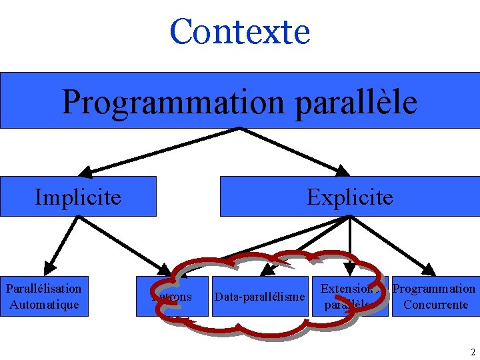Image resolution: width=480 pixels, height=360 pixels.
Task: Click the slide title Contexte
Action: [x=240, y=31]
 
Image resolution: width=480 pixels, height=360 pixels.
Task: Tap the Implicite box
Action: [x=78, y=197]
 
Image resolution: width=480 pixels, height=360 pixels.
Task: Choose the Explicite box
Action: [x=349, y=197]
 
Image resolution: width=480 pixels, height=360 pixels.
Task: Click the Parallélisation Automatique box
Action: [x=44, y=297]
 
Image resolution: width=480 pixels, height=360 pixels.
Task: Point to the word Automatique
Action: [x=44, y=305]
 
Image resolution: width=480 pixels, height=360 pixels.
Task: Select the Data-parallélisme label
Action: [x=259, y=296]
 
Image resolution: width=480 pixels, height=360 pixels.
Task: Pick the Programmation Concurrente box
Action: [x=434, y=297]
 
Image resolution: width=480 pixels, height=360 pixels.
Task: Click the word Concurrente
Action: [x=435, y=305]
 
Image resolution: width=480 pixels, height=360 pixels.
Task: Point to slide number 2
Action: [x=473, y=352]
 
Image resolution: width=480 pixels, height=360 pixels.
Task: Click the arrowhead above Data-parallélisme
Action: [x=266, y=271]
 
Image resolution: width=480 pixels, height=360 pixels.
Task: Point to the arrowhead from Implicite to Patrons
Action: [x=163, y=269]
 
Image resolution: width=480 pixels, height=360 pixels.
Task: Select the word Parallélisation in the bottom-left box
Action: [x=44, y=289]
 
